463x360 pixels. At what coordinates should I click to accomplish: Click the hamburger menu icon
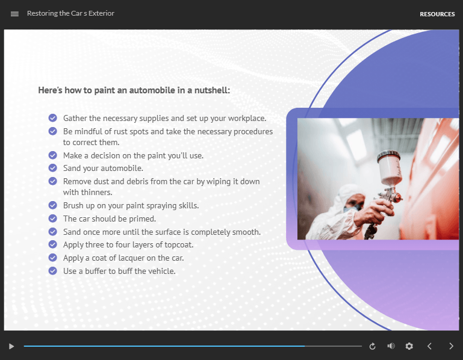[x=14, y=14]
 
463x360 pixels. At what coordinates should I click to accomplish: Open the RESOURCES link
[x=437, y=14]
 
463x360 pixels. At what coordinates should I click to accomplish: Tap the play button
[x=11, y=346]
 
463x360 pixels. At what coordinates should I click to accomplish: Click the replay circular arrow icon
[x=372, y=346]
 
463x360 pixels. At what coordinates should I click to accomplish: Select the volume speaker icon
[x=391, y=346]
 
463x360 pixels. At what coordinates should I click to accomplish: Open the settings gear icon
[x=409, y=346]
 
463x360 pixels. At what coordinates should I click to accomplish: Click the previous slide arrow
[x=430, y=346]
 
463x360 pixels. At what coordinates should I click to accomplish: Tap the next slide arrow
[x=451, y=346]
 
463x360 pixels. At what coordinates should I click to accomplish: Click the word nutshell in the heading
[x=212, y=90]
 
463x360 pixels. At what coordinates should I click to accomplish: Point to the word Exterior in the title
[x=101, y=13]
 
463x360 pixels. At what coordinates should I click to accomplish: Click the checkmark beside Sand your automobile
[x=53, y=168]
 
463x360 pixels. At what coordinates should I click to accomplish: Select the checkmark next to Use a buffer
[x=53, y=270]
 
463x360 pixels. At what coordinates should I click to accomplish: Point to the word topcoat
[x=179, y=245]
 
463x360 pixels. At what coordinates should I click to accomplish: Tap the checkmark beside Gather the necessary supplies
[x=53, y=118]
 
